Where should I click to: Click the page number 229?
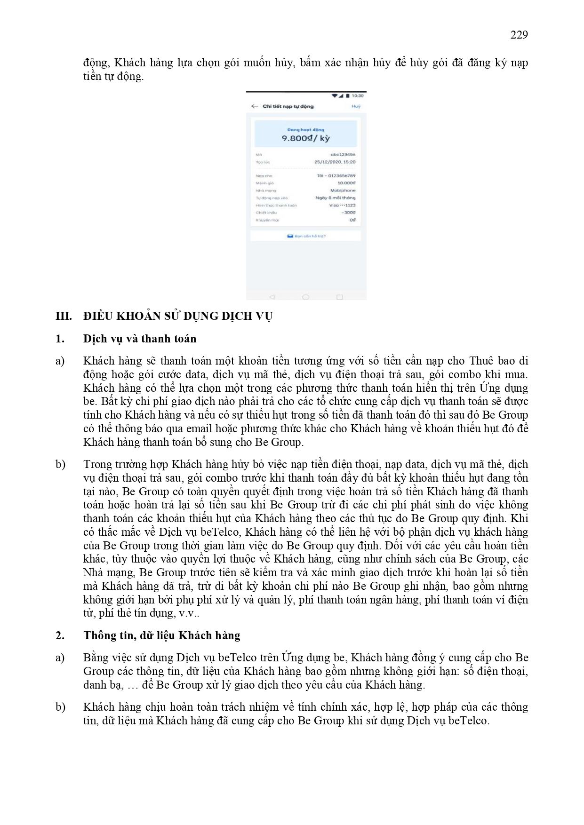pos(519,35)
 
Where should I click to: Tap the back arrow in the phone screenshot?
pos(255,106)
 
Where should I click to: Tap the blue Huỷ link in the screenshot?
pos(356,106)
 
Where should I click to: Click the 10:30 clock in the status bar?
pos(358,96)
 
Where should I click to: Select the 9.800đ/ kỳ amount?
pos(306,138)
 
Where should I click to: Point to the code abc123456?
pos(343,154)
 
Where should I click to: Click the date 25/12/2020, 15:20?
pos(335,162)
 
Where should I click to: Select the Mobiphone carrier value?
pos(343,190)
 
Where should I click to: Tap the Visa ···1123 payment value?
pos(342,205)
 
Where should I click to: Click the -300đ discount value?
pos(349,213)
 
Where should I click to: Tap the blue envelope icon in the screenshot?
pos(290,236)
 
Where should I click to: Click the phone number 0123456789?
pos(342,176)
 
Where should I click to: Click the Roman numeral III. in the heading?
pos(64,316)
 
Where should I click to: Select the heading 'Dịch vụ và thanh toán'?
pos(140,339)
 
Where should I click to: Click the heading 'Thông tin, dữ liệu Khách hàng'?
pos(162,635)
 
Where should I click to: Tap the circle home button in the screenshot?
pos(305,297)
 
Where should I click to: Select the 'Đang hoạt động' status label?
pos(306,130)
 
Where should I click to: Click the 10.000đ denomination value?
pos(346,183)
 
